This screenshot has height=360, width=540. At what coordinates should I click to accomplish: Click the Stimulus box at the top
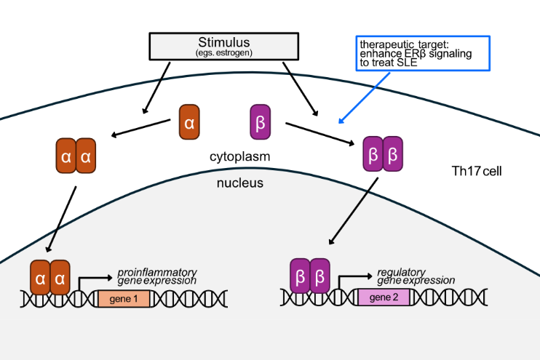pos(223,46)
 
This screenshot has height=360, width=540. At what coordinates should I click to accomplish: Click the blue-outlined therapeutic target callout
pos(423,54)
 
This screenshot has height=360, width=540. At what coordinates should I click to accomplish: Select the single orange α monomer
pos(189,122)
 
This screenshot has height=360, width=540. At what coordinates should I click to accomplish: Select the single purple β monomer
pos(260,122)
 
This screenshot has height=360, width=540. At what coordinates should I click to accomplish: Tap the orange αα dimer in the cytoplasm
pos(76,156)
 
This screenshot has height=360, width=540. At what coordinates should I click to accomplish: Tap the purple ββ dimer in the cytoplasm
pos(383,153)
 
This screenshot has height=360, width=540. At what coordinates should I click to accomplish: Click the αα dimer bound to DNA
pos(49,277)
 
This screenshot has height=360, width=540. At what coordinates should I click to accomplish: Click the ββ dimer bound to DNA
pos(310,277)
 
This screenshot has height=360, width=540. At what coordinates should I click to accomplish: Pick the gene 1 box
pos(124,298)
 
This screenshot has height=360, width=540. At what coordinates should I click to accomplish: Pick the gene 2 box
pos(388,297)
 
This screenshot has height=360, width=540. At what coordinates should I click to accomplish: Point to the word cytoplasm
pos(240,156)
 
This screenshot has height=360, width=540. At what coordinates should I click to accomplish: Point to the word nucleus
pos(240,183)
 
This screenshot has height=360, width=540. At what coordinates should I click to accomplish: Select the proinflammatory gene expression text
pos(157,276)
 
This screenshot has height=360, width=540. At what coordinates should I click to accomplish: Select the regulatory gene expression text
pos(416,276)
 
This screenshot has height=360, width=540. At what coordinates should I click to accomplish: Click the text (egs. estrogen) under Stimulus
pos(223,53)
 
